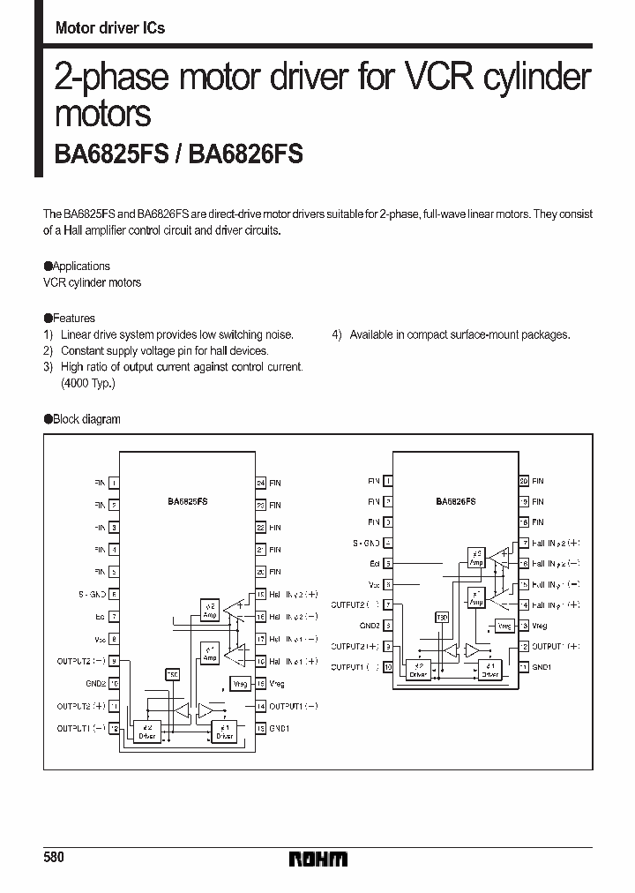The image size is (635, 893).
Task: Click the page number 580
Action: pos(54,857)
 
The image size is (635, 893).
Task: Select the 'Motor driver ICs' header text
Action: pos(109,28)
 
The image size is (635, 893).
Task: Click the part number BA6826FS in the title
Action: pos(248,154)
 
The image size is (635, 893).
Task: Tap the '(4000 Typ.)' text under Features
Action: pos(87,384)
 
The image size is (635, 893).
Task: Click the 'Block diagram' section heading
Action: pos(86,419)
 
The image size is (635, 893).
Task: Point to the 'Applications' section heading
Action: pos(80,266)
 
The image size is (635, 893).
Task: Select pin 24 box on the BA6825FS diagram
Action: pos(261,483)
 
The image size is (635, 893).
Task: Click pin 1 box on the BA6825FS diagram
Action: pos(114,483)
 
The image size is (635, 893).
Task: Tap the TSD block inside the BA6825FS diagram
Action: pos(172,675)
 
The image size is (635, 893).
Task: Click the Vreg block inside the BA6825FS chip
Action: pos(239,684)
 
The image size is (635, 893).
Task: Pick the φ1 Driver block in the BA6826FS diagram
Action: pos(489,672)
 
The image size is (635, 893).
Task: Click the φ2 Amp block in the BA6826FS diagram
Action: pos(476,559)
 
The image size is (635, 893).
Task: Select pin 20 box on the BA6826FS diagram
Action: pos(524,481)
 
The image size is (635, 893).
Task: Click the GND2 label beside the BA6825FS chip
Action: pos(95,683)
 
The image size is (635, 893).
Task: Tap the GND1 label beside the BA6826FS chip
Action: pos(542,667)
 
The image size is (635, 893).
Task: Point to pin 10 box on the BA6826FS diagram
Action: pos(389,667)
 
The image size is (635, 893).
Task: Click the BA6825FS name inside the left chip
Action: pos(187,501)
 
